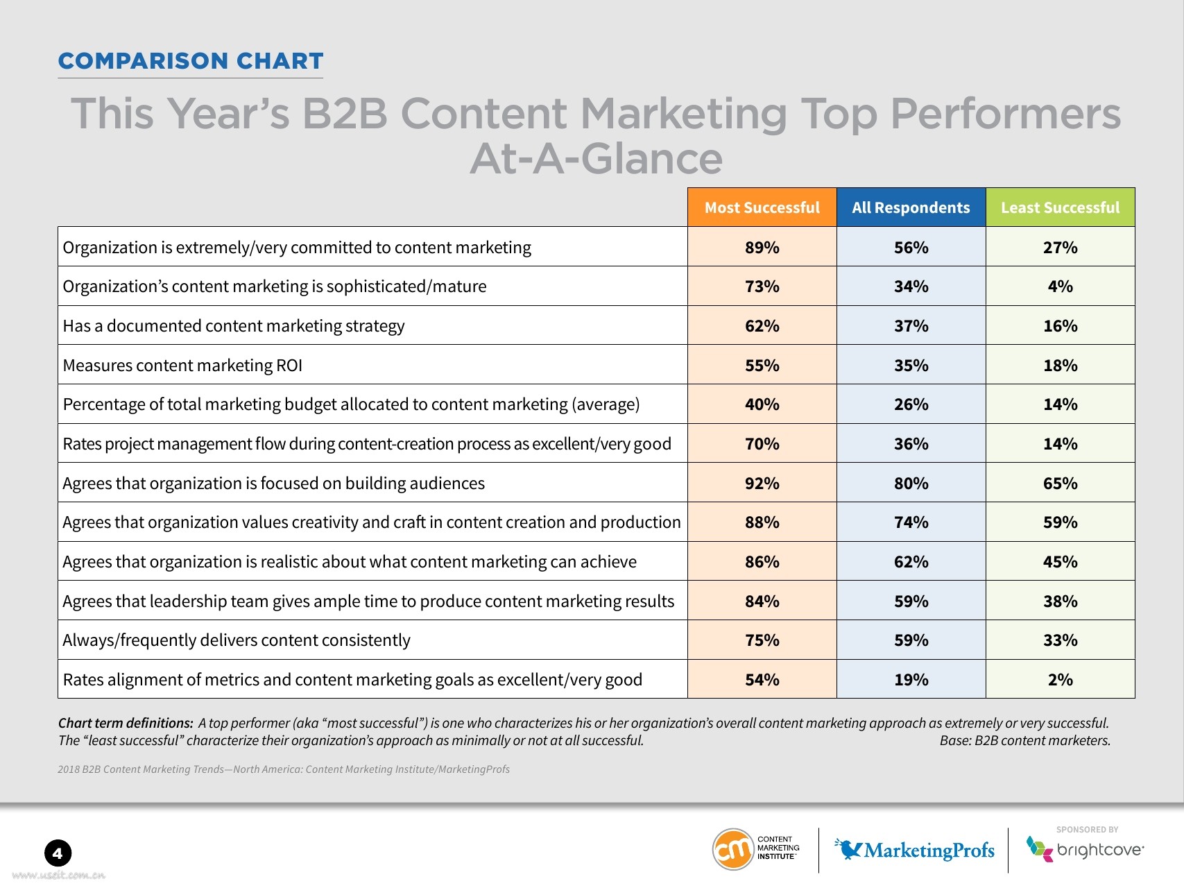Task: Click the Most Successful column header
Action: click(x=762, y=207)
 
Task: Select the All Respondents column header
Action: click(x=911, y=207)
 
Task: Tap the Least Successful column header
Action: click(x=1060, y=207)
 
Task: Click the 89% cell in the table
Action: click(x=762, y=248)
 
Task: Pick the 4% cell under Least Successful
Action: click(x=1060, y=287)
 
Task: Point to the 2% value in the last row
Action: click(x=1060, y=680)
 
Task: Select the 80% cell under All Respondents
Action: click(x=911, y=484)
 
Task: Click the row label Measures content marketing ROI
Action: click(x=182, y=366)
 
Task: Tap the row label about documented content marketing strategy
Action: click(x=234, y=326)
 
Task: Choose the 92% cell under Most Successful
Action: click(x=762, y=484)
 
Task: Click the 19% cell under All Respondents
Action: click(x=911, y=680)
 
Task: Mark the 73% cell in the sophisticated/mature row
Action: click(x=762, y=287)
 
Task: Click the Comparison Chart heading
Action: click(x=191, y=61)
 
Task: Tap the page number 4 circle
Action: click(x=58, y=853)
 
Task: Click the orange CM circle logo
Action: click(x=733, y=848)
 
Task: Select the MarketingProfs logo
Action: click(x=916, y=850)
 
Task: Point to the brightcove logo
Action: click(x=1086, y=850)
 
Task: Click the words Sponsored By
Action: click(x=1087, y=830)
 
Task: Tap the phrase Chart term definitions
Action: click(x=126, y=723)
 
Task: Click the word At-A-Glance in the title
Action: click(x=596, y=158)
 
